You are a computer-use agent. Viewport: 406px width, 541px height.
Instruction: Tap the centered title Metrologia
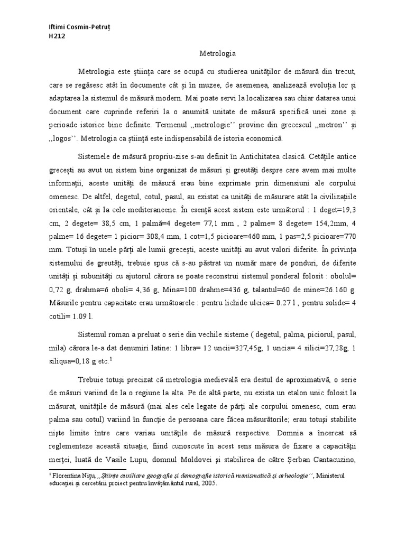click(218, 53)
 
